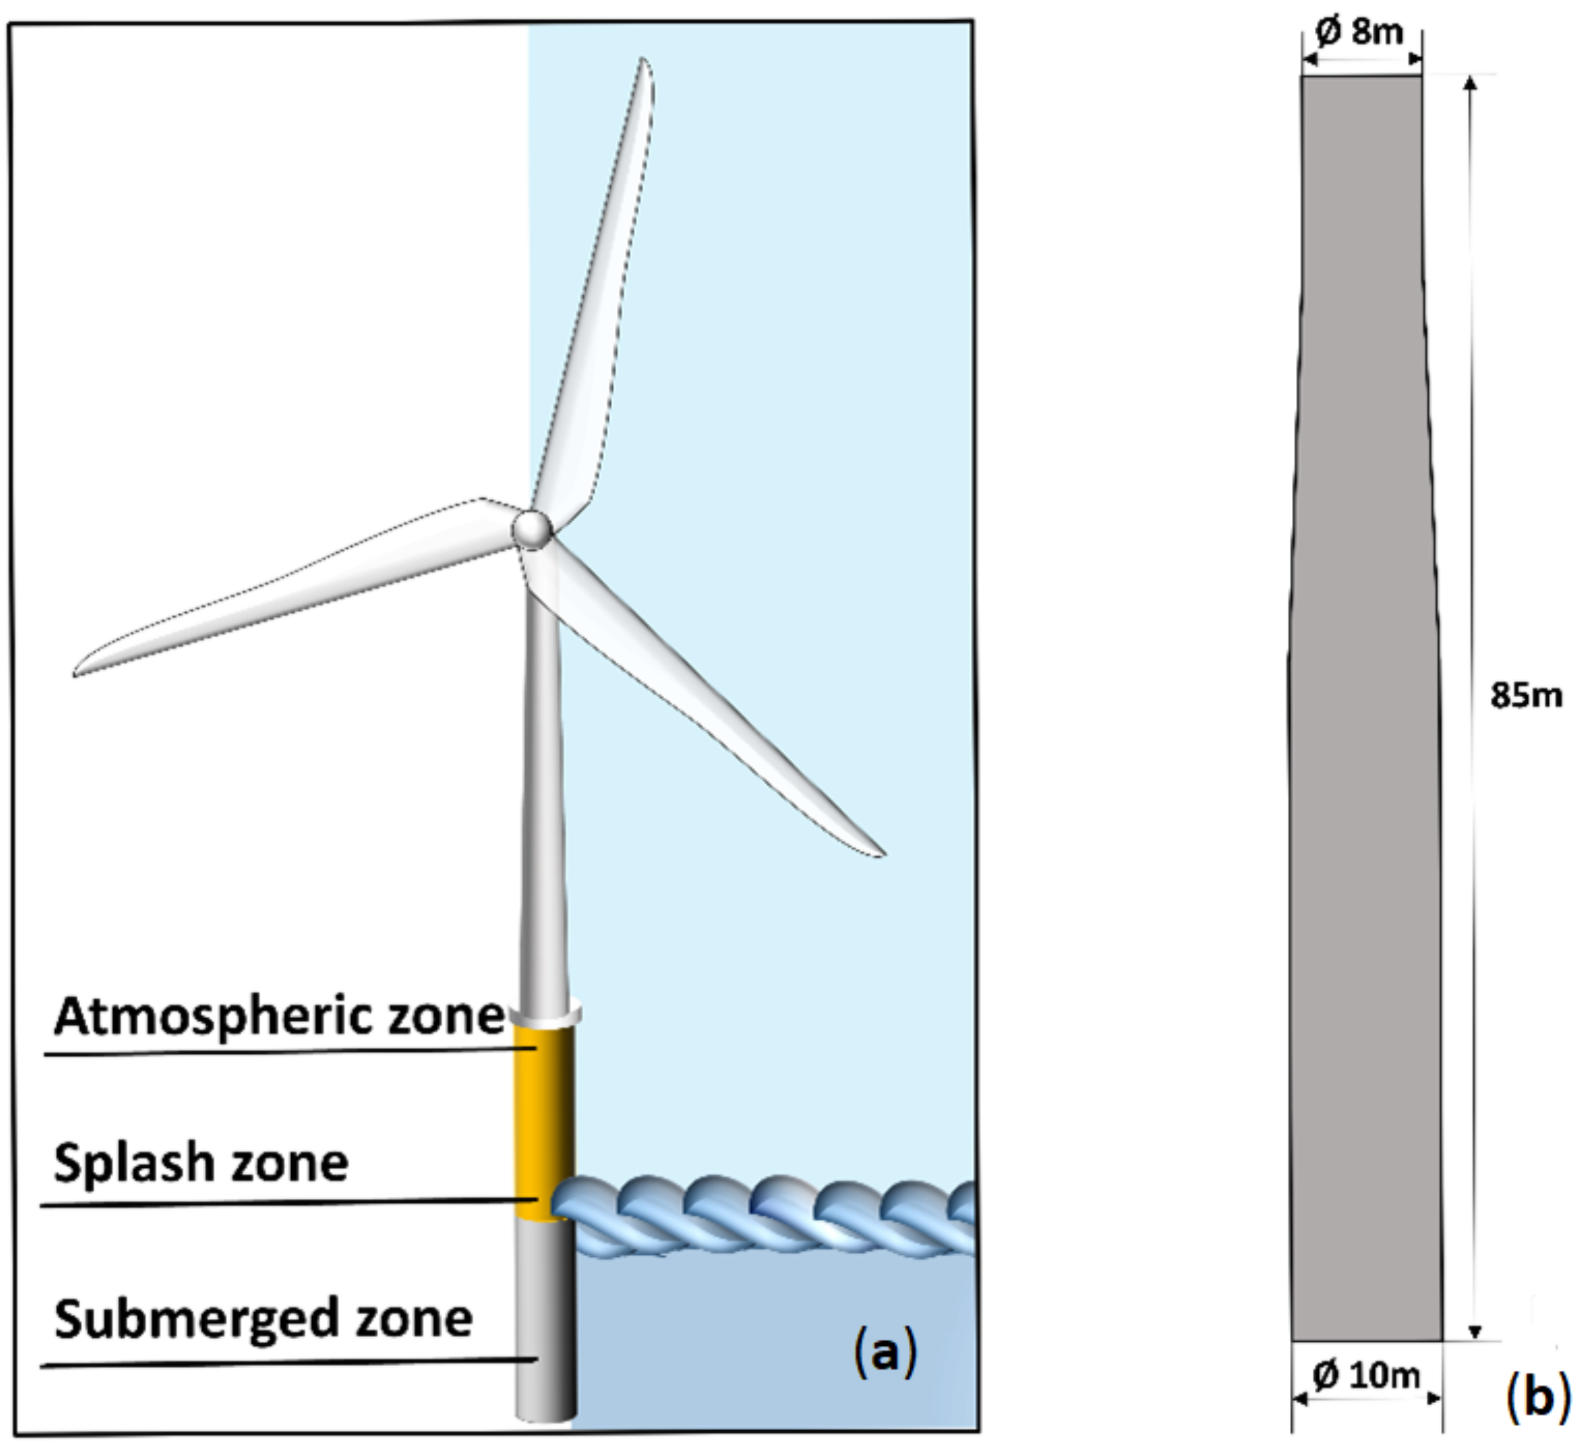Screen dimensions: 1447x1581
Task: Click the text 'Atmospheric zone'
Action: click(x=278, y=1017)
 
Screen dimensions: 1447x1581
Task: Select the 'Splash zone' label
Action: click(x=201, y=1163)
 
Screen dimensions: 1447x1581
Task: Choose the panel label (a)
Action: click(x=884, y=1354)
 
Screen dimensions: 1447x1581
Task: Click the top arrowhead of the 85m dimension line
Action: click(x=1471, y=82)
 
